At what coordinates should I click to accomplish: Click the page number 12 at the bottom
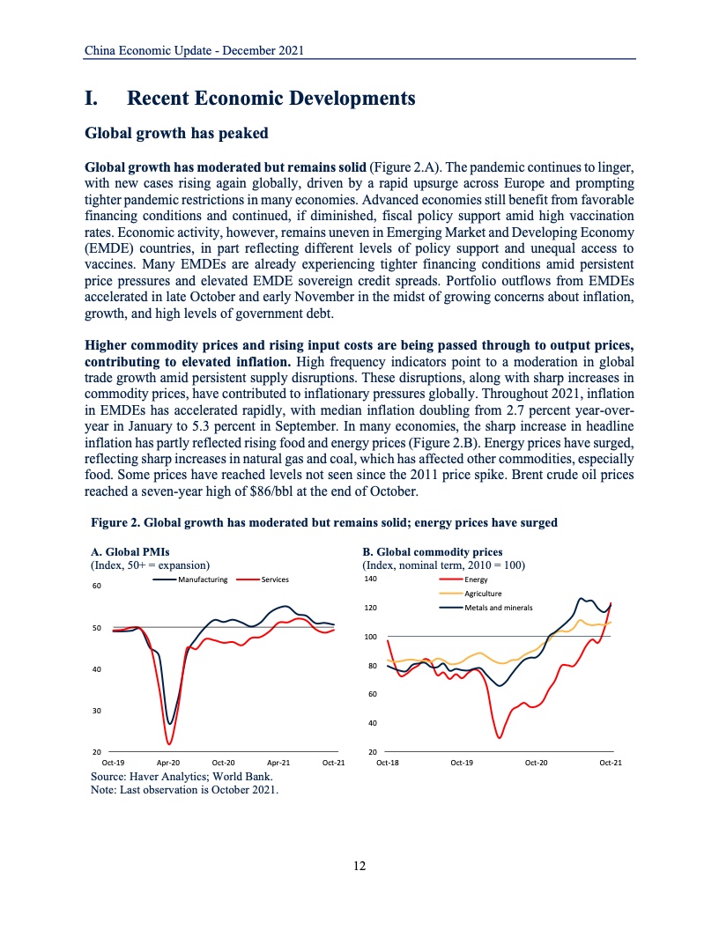(359, 866)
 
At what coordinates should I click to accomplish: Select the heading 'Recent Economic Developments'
(271, 99)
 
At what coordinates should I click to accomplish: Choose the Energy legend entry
(476, 579)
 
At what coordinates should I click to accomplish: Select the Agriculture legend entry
(483, 594)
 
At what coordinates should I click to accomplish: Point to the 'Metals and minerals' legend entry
(498, 608)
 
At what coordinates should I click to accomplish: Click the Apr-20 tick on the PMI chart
(168, 762)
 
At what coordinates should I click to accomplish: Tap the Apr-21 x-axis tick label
(278, 762)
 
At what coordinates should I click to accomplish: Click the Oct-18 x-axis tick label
(388, 762)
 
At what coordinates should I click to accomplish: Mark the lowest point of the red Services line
(170, 744)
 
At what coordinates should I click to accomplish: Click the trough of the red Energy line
(499, 737)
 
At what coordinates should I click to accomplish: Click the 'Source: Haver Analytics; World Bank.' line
(182, 777)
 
